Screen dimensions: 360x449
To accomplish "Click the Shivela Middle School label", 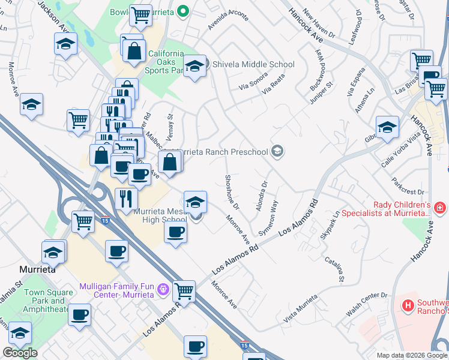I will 252,64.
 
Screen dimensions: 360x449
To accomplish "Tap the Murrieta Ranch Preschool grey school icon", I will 277,151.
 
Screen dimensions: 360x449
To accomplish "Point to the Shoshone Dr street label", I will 232,192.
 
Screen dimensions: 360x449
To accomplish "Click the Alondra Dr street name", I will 262,194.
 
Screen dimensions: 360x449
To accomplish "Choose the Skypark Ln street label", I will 330,226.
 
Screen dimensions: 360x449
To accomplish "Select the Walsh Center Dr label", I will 367,305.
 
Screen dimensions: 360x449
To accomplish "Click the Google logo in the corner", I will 20,353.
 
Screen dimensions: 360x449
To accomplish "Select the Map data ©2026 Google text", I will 412,355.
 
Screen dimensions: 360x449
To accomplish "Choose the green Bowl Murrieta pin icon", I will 185,11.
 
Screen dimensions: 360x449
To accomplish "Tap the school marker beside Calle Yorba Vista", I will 388,127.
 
